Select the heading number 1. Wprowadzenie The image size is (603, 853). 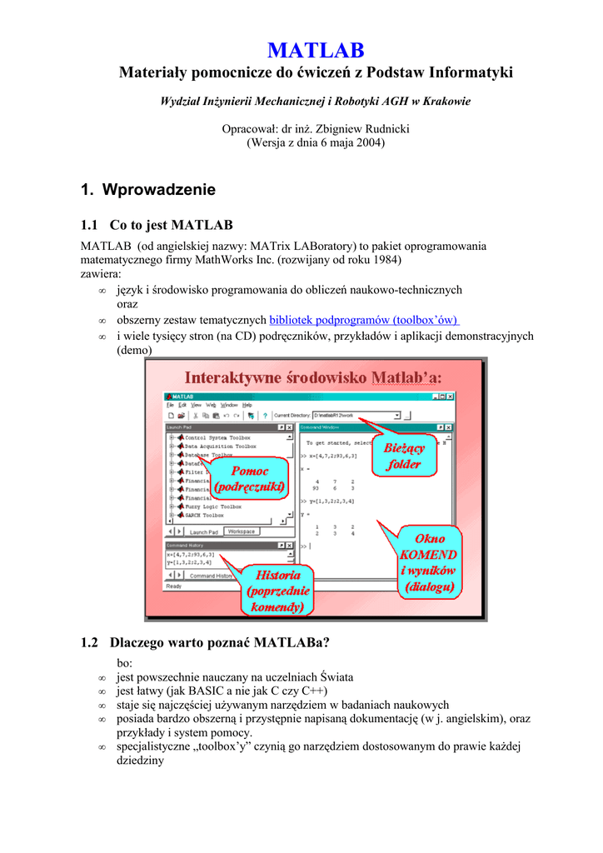[147, 190]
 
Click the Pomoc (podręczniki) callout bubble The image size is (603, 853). [249, 478]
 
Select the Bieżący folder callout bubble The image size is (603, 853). [404, 456]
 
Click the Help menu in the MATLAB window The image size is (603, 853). [247, 405]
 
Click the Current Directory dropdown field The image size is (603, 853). [356, 415]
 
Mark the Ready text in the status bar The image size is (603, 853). [174, 586]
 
